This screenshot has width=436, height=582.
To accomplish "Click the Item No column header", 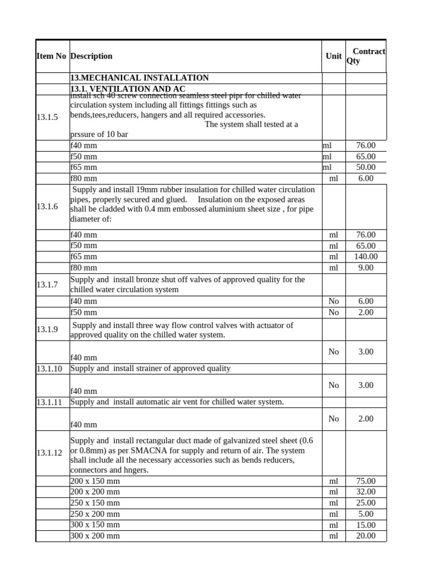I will click(51, 56).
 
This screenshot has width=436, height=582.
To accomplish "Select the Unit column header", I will click(333, 56).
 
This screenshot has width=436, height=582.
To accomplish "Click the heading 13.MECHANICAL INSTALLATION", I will click(139, 78).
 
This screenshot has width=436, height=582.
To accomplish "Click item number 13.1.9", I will click(47, 330).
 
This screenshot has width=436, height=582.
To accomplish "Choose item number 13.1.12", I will click(49, 453).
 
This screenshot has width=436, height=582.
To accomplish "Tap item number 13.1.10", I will click(49, 368).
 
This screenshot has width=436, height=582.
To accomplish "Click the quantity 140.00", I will click(366, 256).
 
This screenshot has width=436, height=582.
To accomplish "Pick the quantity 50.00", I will click(366, 167).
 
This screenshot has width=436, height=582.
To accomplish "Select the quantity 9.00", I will click(366, 268).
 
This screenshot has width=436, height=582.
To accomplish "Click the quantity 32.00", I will click(366, 492).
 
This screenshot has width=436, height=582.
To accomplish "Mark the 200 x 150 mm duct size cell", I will click(95, 481).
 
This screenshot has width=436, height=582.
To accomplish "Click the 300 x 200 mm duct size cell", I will click(95, 535).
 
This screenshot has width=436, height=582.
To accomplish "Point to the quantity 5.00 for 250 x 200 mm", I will click(366, 514).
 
